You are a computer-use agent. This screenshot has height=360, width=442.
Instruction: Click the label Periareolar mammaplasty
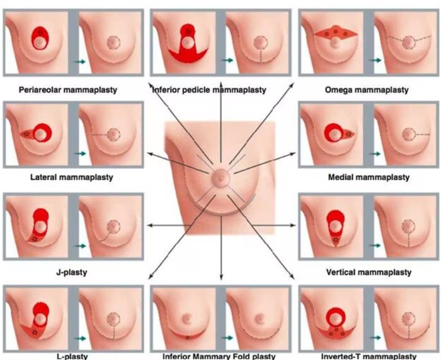click(x=68, y=90)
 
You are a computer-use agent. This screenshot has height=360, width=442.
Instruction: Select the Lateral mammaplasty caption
click(x=72, y=178)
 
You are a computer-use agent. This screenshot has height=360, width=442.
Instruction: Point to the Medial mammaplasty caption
click(x=369, y=178)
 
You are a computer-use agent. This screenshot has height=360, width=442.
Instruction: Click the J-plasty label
click(x=72, y=272)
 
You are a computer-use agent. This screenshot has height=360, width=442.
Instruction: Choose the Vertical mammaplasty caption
click(x=369, y=272)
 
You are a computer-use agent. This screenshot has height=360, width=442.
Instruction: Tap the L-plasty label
click(x=72, y=356)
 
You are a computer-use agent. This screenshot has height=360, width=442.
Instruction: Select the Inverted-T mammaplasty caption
click(x=369, y=356)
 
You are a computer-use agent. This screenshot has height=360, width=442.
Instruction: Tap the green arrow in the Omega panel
click(x=375, y=60)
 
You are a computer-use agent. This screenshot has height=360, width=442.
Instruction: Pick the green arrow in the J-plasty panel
click(x=80, y=246)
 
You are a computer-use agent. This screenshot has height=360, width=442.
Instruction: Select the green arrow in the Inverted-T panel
click(x=375, y=338)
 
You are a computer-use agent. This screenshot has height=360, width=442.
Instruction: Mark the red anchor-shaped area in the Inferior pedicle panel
click(x=188, y=54)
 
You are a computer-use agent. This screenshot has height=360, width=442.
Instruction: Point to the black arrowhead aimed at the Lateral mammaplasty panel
click(x=150, y=154)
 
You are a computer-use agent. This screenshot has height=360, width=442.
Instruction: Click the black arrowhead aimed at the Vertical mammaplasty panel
click(x=293, y=225)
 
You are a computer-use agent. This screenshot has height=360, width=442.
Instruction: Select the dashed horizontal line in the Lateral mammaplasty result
click(x=100, y=134)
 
